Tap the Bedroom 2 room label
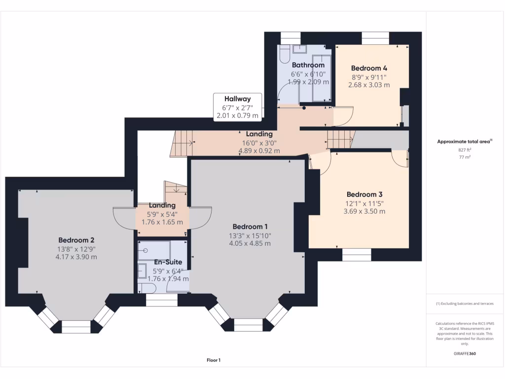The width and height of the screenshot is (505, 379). (76, 240)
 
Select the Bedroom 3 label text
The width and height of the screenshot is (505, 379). (364, 194)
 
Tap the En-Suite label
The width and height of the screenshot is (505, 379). (168, 262)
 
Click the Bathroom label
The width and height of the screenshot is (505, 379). (308, 65)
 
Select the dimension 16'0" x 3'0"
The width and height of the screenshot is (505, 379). (259, 143)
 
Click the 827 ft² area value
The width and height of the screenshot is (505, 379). (465, 149)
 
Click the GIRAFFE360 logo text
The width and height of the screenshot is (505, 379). (465, 354)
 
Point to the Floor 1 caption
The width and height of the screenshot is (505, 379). (214, 360)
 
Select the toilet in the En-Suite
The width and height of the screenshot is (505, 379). (147, 288)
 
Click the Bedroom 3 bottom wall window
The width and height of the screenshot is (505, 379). (357, 254)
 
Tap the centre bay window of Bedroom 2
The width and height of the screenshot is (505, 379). (76, 326)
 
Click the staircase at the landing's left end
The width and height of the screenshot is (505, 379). (181, 143)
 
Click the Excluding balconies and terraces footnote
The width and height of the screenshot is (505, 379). (465, 303)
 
